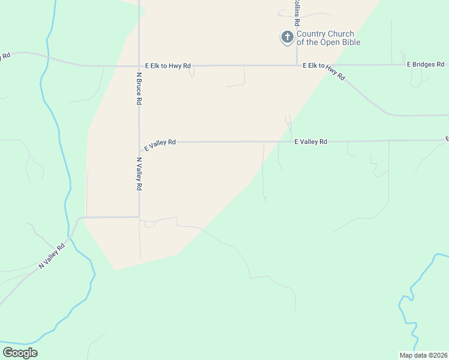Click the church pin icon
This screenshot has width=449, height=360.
[x=288, y=38]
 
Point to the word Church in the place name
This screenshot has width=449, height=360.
[x=340, y=34]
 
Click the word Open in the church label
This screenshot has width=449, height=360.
[x=330, y=42]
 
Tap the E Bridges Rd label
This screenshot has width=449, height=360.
[x=425, y=64]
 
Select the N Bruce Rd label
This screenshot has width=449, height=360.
[x=139, y=89]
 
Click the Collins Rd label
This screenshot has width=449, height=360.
[x=297, y=12]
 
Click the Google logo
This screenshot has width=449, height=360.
[x=20, y=353]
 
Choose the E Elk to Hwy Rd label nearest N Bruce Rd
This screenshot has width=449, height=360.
[x=168, y=65]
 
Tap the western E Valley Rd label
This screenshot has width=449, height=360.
[x=160, y=143]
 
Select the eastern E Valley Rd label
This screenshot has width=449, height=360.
[x=311, y=142]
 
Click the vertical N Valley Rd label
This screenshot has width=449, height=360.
[x=139, y=174]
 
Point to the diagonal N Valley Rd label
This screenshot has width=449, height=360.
[x=52, y=256]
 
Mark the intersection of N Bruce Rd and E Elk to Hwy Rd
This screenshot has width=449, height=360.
[x=139, y=65]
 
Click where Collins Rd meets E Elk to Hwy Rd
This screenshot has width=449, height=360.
[x=297, y=65]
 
